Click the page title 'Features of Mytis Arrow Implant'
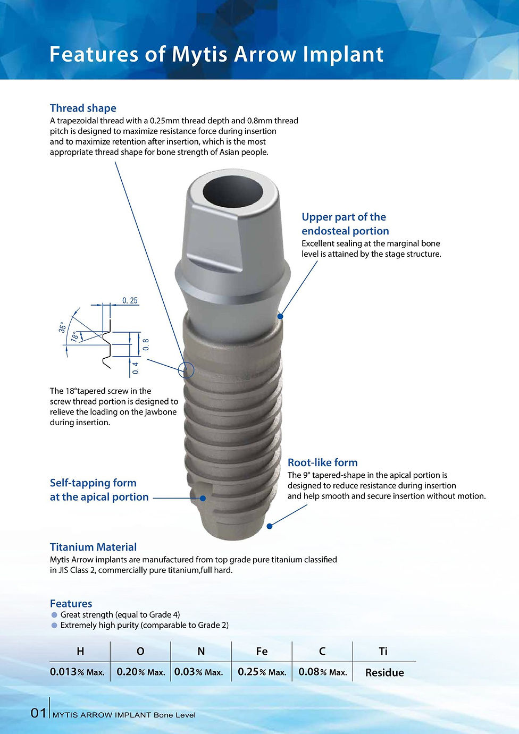pyautogui.click(x=216, y=54)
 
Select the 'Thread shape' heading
pyautogui.click(x=83, y=108)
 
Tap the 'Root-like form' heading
pyautogui.click(x=322, y=462)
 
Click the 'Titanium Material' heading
pyautogui.click(x=93, y=547)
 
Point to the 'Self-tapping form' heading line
pyautogui.click(x=93, y=483)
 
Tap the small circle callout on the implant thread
pyautogui.click(x=187, y=370)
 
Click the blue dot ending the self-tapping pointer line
pyautogui.click(x=203, y=499)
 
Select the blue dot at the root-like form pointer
pyautogui.click(x=270, y=526)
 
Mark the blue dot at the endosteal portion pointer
pyautogui.click(x=280, y=316)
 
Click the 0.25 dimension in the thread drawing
pyautogui.click(x=130, y=301)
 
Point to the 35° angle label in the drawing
pyautogui.click(x=62, y=327)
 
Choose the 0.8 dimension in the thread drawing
pyautogui.click(x=146, y=344)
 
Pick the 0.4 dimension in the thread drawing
pyautogui.click(x=136, y=367)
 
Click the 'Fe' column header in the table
pyautogui.click(x=262, y=652)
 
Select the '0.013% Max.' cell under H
pyautogui.click(x=77, y=672)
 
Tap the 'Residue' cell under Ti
pyautogui.click(x=384, y=672)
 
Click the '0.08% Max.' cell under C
pyautogui.click(x=322, y=672)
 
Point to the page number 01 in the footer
pyautogui.click(x=38, y=713)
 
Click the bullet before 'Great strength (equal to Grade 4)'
pyautogui.click(x=54, y=615)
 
